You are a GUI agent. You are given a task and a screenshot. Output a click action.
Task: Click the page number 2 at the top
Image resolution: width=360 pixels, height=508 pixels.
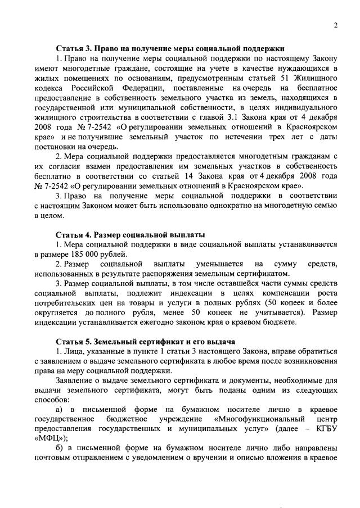coord(335,26)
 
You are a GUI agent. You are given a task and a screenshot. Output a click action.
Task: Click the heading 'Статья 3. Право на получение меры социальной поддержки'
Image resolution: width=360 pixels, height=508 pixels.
coord(170,48)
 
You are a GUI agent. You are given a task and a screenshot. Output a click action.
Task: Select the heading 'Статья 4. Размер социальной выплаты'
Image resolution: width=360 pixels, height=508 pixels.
coord(130,234)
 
